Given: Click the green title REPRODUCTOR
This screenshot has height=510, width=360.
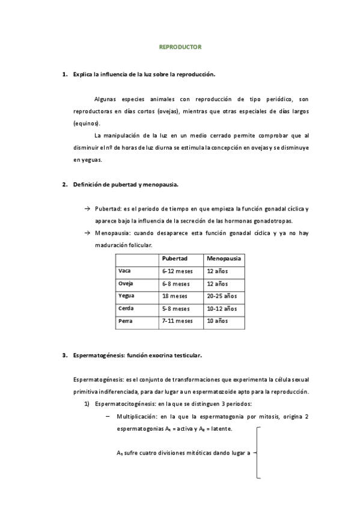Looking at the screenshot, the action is pos(180,46).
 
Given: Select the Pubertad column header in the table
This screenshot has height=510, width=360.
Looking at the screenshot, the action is pos(175,258).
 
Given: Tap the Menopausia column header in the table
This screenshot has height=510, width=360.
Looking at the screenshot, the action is pos(224,258).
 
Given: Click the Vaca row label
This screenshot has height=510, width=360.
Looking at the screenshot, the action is pos(125,271).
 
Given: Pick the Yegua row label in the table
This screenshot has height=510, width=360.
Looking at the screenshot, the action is pos(126,296).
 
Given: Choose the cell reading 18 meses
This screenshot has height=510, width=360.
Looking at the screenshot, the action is pos(174,296).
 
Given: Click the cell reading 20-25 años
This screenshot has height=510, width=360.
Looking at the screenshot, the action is pos(222,296).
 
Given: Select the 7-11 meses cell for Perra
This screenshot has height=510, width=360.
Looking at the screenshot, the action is pos(177,321).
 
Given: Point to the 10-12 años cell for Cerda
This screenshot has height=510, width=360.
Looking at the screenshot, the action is pos(222,309).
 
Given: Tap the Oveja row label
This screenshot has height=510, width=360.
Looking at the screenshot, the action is pos(126,283).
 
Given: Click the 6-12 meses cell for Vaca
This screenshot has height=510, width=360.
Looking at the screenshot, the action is pos(177,271).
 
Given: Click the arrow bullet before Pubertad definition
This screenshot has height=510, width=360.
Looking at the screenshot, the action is pos(87,209).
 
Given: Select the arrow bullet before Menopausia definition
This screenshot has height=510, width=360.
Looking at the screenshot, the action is pos(87,232).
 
